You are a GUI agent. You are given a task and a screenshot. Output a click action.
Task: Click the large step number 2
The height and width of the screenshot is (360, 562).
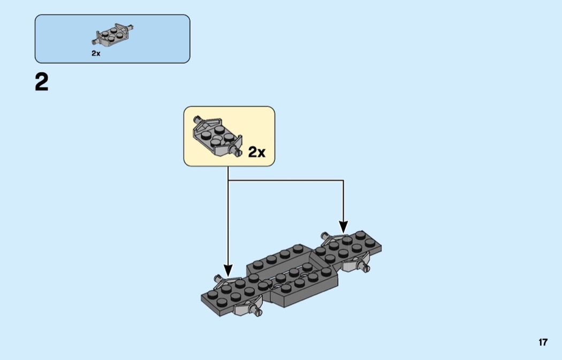[x=42, y=82]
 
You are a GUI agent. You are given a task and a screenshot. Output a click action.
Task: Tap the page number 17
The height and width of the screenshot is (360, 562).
[x=543, y=342]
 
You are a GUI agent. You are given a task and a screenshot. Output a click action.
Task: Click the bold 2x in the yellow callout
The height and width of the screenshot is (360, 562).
[x=257, y=152]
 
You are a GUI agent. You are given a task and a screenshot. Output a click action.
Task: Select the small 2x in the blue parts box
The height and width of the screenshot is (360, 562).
[x=96, y=53]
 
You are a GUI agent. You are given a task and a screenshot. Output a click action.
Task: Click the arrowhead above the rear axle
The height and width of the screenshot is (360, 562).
[x=343, y=228]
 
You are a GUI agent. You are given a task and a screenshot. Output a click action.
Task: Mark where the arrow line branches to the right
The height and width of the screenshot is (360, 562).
[x=229, y=181]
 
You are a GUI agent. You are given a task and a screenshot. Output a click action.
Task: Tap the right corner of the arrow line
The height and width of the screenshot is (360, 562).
[x=343, y=181]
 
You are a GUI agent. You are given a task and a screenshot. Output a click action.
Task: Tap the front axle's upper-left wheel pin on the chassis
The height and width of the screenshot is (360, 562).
[x=218, y=278]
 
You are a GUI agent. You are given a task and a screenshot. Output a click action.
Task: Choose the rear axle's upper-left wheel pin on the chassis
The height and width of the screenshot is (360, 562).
[x=324, y=234]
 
